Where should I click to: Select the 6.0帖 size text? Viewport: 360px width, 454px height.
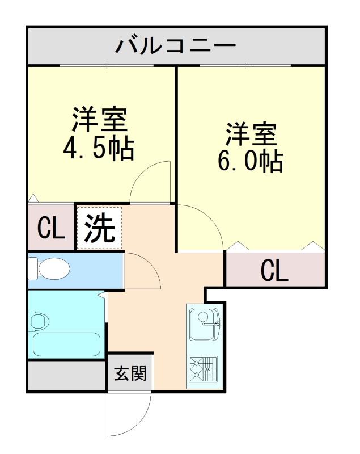click(x=250, y=161)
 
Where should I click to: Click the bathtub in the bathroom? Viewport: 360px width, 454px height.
click(x=66, y=344)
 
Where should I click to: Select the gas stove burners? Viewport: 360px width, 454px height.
click(x=204, y=368)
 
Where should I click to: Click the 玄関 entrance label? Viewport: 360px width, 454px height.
click(x=130, y=374)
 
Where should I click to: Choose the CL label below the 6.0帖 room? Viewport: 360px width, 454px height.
click(x=274, y=271)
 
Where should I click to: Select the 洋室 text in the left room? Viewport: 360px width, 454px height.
click(x=98, y=120)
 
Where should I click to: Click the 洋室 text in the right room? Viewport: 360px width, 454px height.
click(x=251, y=134)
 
